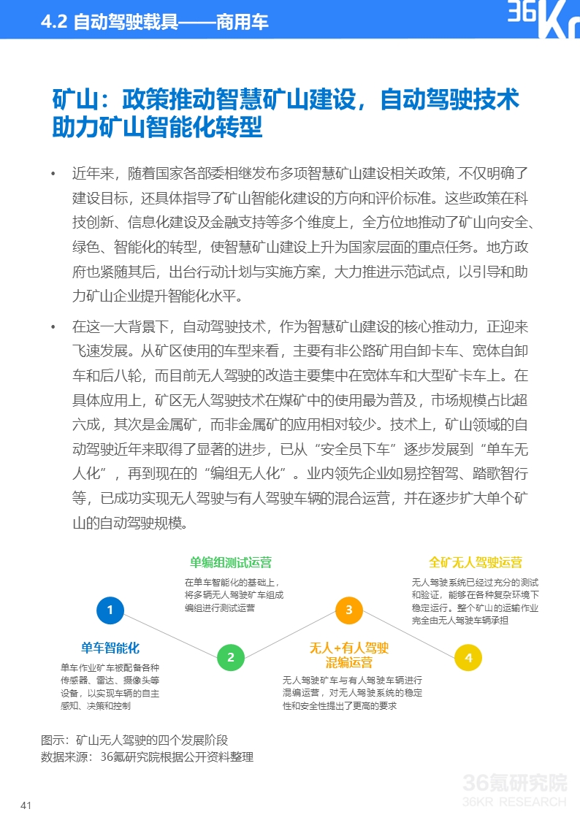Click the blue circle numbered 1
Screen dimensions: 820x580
110,610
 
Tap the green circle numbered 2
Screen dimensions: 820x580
231,657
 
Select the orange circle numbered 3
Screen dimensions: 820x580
349,610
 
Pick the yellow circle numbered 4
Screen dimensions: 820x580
468,657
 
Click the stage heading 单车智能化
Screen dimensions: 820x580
110,648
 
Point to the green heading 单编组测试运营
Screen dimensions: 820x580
231,562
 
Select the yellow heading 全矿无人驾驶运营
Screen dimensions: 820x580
476,562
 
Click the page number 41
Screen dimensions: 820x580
26,805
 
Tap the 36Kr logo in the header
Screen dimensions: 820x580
543,20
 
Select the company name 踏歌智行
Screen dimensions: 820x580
492,473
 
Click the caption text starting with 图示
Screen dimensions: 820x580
134,739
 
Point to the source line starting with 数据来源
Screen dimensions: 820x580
146,757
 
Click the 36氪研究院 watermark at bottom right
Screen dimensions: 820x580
515,784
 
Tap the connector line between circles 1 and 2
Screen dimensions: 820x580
170,633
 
